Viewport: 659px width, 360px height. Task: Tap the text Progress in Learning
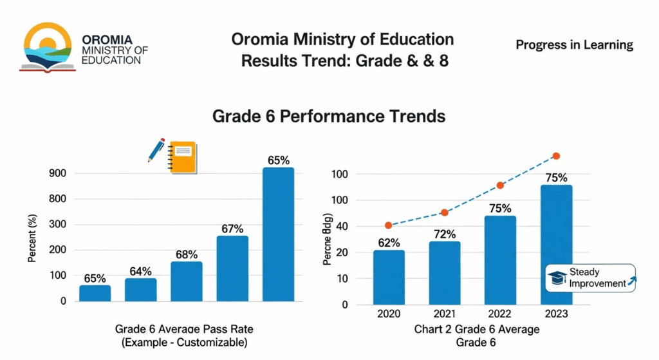point(574,45)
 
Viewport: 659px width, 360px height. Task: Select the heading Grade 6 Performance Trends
point(329,117)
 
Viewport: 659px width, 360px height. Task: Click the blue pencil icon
point(156,149)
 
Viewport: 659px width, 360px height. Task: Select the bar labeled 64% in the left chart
point(140,289)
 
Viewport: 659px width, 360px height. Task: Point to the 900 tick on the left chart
point(57,173)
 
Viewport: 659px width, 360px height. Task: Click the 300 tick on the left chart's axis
point(57,224)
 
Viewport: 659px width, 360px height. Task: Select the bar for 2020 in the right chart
point(389,277)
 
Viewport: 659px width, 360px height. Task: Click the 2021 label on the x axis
point(445,314)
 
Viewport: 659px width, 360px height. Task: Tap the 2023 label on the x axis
point(556,314)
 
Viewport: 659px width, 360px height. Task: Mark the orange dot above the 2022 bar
point(500,185)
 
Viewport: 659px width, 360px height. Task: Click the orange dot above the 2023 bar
point(556,156)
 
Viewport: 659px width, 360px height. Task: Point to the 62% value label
point(389,243)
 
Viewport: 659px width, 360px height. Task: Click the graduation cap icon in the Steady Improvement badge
point(557,278)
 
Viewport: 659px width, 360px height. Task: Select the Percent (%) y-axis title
point(32,238)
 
